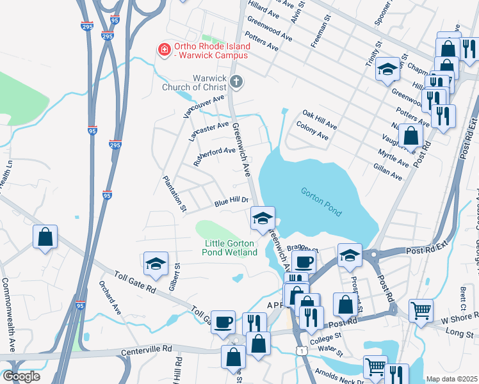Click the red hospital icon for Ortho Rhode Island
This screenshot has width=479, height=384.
(164, 49)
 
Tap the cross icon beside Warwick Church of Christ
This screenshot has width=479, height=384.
(236, 81)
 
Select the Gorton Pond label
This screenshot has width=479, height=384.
(321, 202)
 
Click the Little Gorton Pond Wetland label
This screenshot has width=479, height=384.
(231, 248)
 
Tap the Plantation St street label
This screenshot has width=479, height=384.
(174, 194)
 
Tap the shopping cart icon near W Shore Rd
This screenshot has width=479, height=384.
(421, 311)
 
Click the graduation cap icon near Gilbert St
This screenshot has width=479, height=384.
(156, 264)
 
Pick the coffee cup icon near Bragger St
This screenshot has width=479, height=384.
(304, 262)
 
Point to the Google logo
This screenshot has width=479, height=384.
(20, 376)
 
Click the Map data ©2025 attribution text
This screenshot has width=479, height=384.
(451, 379)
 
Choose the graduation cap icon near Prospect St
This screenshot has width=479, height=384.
(350, 255)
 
